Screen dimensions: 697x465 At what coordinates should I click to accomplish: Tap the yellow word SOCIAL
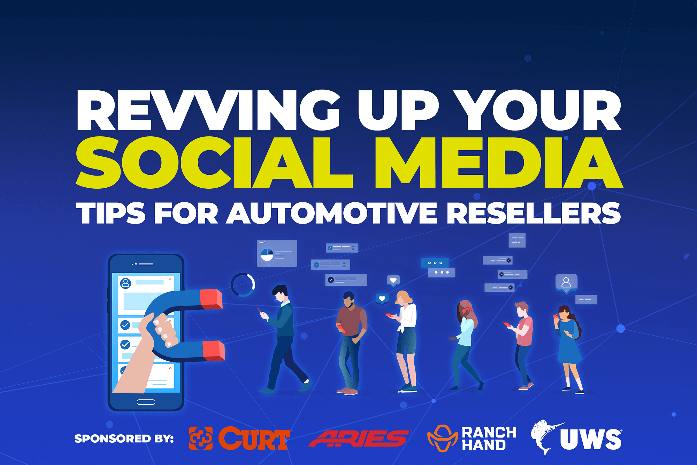pyautogui.click(x=214, y=162)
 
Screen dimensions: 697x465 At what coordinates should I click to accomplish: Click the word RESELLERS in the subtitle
pyautogui.click(x=534, y=213)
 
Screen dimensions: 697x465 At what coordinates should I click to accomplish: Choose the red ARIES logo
pyautogui.click(x=359, y=438)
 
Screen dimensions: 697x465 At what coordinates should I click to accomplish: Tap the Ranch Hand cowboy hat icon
pyautogui.click(x=443, y=438)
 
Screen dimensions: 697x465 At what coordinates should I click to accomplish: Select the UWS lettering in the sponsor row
pyautogui.click(x=591, y=440)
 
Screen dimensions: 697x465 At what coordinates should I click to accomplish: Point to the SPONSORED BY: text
pyautogui.click(x=124, y=438)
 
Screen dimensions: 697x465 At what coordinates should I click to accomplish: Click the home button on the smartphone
pyautogui.click(x=146, y=402)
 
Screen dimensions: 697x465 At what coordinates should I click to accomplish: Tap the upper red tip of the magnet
pyautogui.click(x=211, y=299)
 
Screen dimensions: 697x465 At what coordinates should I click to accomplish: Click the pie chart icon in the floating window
pyautogui.click(x=267, y=255)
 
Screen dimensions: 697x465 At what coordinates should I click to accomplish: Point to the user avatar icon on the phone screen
pyautogui.click(x=125, y=283)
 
